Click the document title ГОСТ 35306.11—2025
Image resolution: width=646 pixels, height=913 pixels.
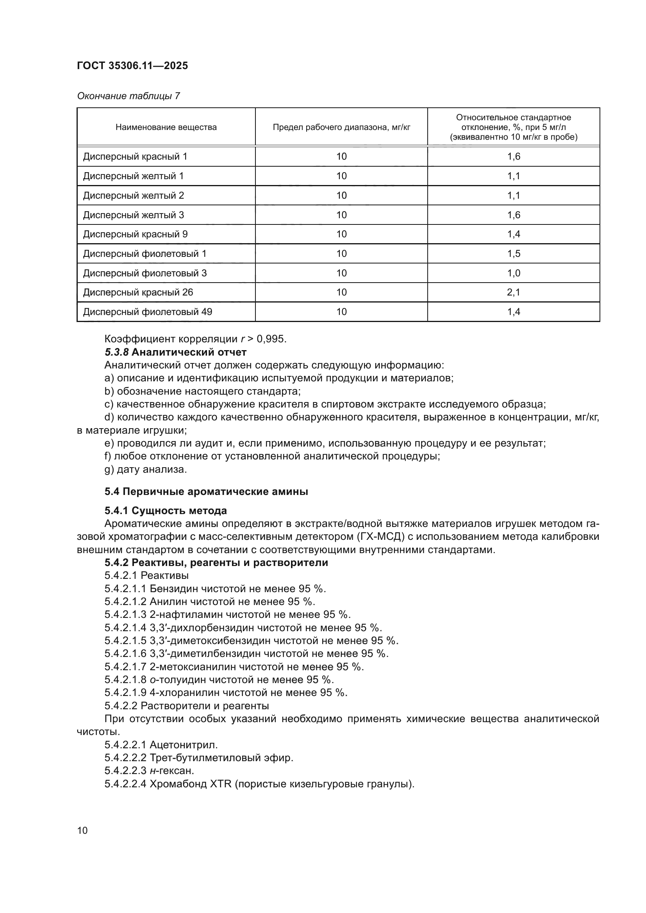pos(132,66)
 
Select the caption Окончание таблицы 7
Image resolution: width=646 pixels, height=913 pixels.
pos(128,96)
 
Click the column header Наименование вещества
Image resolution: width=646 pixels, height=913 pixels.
pos(166,127)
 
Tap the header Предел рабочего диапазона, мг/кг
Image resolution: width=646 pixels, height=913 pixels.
pos(341,127)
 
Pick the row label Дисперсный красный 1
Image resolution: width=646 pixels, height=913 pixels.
pos(135,156)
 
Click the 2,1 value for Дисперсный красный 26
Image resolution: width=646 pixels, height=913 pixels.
pos(513,292)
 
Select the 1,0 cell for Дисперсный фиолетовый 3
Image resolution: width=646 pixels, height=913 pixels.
pos(513,273)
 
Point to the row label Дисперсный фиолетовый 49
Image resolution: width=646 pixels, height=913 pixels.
pos(147,312)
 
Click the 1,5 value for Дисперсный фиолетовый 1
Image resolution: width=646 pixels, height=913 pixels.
pos(513,254)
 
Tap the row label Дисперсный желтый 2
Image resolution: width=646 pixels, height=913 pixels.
pos(133,195)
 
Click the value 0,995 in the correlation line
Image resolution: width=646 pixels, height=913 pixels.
pos(271,339)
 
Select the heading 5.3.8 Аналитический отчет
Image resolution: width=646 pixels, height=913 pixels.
pos(175,352)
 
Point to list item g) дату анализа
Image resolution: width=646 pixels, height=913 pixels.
pos(146,470)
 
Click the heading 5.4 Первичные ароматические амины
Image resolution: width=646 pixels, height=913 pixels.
pos(206,492)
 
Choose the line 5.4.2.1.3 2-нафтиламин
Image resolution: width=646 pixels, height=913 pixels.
pos(228,614)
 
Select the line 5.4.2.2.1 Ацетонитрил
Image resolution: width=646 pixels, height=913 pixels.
pos(161,745)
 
